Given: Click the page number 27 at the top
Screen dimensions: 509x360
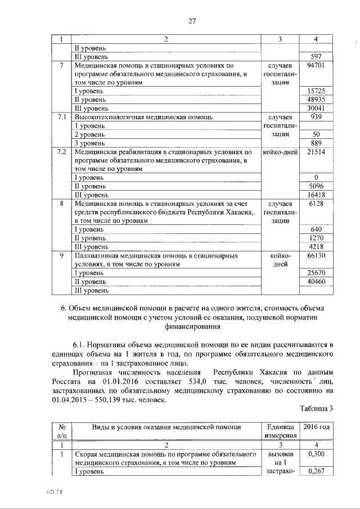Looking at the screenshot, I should tap(192, 21).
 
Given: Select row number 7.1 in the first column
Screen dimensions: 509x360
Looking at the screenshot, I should tap(62, 117).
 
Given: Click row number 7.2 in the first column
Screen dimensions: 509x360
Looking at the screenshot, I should tap(62, 152).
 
